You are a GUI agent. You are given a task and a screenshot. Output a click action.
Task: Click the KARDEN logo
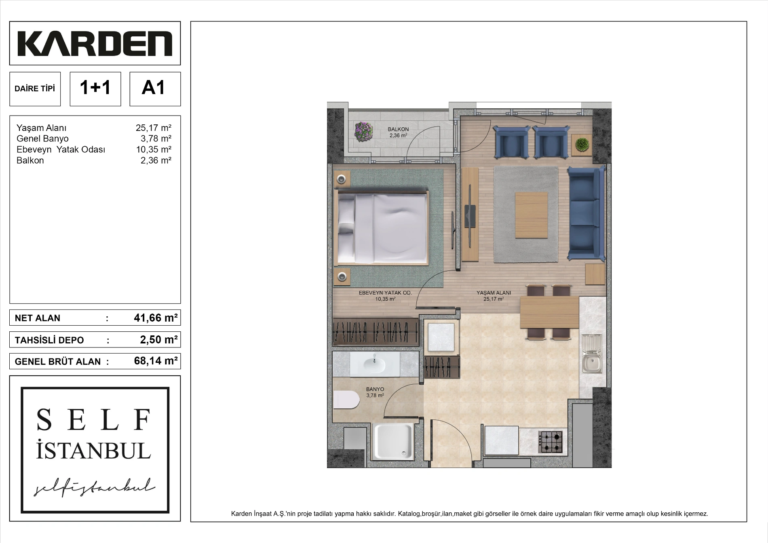[x=95, y=44]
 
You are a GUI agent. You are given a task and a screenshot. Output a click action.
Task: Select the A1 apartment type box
[x=155, y=89]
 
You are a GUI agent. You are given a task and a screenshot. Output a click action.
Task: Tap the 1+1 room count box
[x=95, y=89]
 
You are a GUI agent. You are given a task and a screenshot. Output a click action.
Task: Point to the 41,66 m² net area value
[x=156, y=318]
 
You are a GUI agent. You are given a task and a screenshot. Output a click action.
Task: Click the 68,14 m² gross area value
[x=156, y=361]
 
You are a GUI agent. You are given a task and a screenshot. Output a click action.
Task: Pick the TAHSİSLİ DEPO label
[x=49, y=340]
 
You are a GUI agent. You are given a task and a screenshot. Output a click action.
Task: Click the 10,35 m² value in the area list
[x=154, y=149]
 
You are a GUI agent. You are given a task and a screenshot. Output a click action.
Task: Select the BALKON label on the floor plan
[x=398, y=129]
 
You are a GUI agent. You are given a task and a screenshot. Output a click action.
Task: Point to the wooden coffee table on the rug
[x=532, y=215]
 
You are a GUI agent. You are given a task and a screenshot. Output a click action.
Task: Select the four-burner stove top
[x=551, y=442]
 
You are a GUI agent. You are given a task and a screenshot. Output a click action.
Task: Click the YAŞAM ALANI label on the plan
[x=494, y=293]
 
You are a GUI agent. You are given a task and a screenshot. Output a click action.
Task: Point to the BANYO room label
[x=375, y=389]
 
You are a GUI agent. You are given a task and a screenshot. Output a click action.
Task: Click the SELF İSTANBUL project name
[x=94, y=434]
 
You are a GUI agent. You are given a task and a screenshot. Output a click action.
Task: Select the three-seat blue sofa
[x=586, y=213]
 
